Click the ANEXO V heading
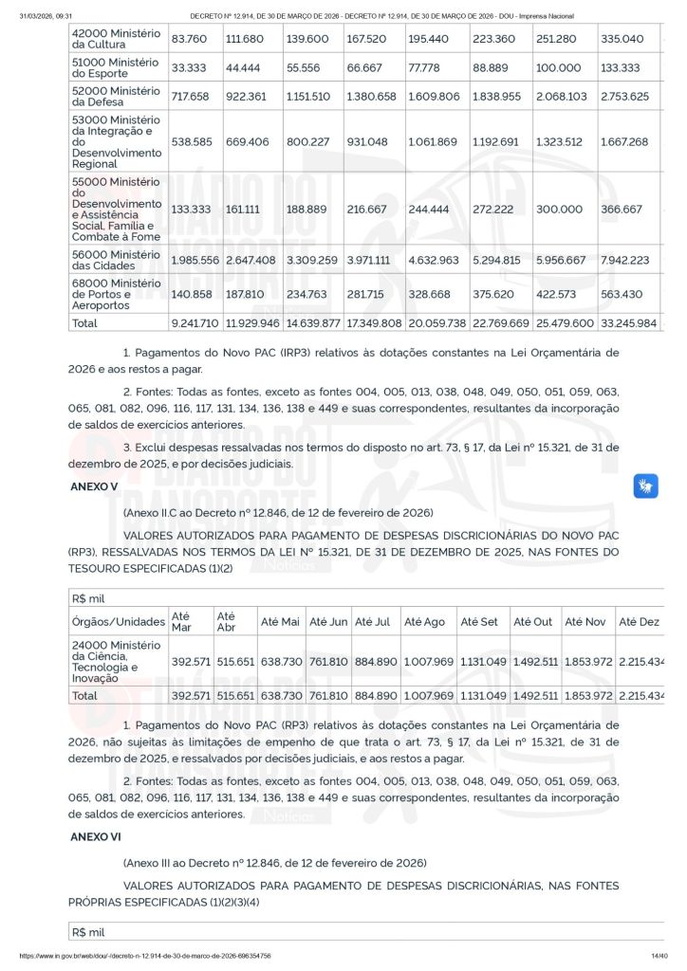click(94, 486)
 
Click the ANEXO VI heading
click(96, 837)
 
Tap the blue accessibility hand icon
click(646, 487)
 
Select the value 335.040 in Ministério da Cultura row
click(622, 39)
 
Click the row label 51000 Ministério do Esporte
click(116, 69)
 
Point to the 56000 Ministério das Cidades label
click(116, 260)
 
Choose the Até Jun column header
click(328, 621)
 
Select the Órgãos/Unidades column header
click(119, 621)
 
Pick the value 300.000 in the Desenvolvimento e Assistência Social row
click(560, 210)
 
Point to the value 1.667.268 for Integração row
click(623, 141)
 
